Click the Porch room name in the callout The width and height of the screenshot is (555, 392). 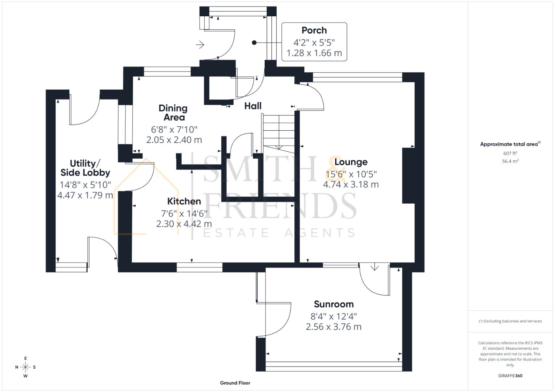pos(314,30)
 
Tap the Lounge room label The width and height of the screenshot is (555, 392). pos(351,162)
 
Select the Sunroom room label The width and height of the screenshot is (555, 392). pos(334,304)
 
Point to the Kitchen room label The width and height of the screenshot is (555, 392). pos(184,201)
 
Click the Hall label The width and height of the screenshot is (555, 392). pos(253,106)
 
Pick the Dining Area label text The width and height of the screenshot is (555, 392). pos(173,113)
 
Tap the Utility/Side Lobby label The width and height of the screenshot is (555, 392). pos(85,168)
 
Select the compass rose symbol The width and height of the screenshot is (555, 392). pos(25,367)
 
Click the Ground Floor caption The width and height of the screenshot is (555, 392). pos(235,383)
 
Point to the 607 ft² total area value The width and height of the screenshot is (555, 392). pos(510,154)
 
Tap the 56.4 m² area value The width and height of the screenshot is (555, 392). pos(510,161)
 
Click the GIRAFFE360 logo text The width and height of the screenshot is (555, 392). pos(510,376)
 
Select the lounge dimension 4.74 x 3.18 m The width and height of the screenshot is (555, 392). pos(351,184)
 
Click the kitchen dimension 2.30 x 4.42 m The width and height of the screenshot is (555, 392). pos(184,224)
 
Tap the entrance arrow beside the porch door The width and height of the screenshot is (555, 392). pos(200,45)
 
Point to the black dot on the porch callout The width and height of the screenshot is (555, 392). pos(254,42)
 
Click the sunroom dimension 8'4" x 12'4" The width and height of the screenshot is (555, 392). pos(334,316)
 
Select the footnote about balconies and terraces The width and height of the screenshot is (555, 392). pos(510,321)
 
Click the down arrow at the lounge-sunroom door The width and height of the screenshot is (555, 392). pos(374,268)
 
